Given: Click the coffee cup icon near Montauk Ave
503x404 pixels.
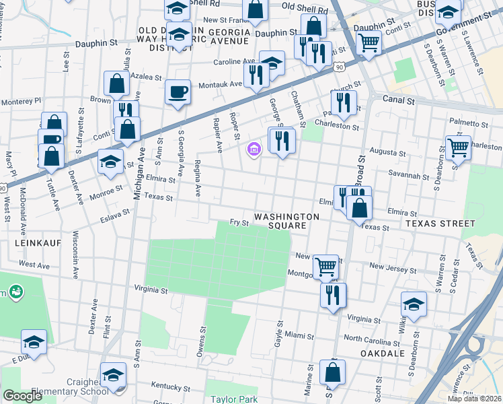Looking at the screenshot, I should [x=178, y=92].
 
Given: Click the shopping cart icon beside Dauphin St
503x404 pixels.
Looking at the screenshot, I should [x=369, y=42].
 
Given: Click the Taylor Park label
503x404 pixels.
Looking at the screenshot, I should [x=234, y=399].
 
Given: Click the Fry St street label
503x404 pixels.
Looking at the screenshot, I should [x=239, y=222].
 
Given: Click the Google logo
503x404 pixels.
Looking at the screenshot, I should [x=22, y=395].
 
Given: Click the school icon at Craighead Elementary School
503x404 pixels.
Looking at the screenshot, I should [x=113, y=374].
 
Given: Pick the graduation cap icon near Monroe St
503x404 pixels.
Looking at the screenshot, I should [x=111, y=161].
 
